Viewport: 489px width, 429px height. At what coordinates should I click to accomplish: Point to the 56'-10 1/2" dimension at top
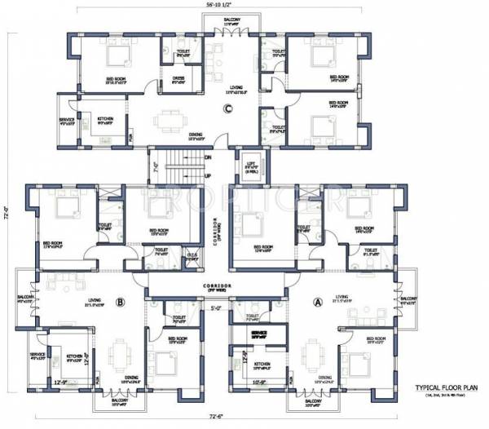222,5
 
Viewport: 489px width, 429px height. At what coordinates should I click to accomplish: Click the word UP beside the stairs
209,176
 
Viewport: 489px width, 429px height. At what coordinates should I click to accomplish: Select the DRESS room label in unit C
178,79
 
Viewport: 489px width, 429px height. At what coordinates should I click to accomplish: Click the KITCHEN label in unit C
106,120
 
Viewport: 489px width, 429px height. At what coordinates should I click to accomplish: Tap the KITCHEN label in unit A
262,364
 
